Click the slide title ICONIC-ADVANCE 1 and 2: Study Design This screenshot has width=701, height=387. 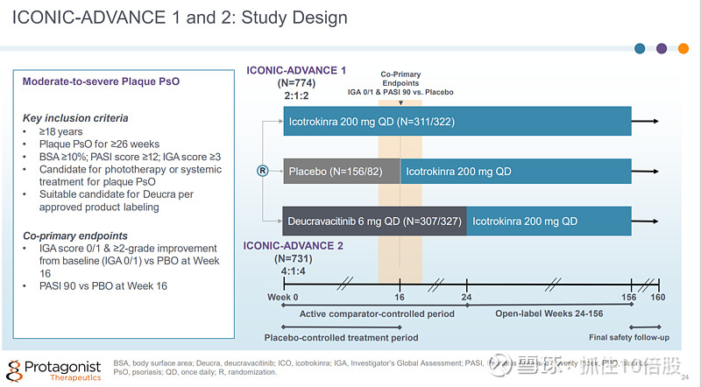coord(180,18)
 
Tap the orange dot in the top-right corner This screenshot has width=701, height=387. coord(683,49)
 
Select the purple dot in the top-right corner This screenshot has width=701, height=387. coord(662,49)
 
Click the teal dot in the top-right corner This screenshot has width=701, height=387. coord(641,49)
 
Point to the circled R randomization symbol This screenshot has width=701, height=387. coord(261,172)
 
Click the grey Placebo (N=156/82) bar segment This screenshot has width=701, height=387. coord(340,172)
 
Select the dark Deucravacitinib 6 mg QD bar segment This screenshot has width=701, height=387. coord(374,221)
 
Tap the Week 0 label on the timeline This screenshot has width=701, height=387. coord(284,297)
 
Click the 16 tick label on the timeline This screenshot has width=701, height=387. coord(400,297)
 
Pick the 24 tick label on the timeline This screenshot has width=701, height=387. coord(467,297)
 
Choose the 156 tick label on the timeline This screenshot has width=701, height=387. coord(630,297)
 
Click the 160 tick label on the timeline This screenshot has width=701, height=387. coord(658,297)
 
